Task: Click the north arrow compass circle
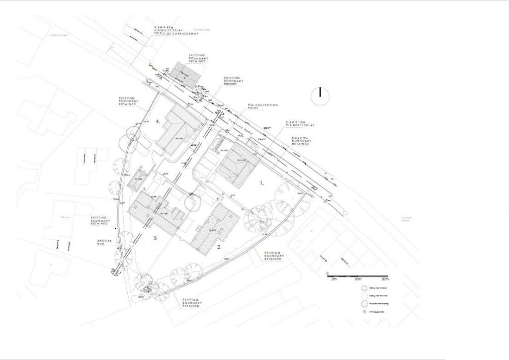coord(321,95)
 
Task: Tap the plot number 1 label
coord(262,183)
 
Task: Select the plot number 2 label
coord(219,246)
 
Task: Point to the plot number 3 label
coord(156,239)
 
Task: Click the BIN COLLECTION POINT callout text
coord(263,107)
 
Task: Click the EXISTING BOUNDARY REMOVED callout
coord(232,81)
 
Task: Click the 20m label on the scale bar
coord(384,279)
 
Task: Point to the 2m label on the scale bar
coord(334,279)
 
